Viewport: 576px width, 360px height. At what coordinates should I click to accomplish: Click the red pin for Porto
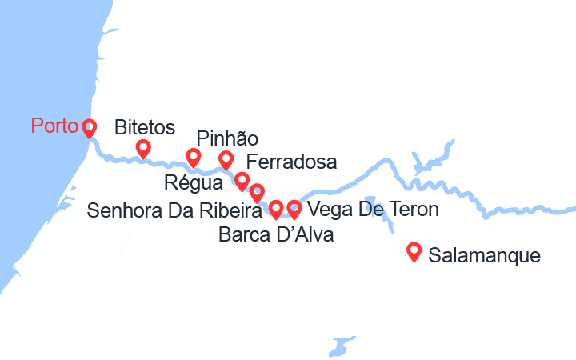[88, 127]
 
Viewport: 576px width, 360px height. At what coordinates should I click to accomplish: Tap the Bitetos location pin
[143, 148]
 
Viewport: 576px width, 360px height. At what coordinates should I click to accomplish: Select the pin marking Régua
[193, 157]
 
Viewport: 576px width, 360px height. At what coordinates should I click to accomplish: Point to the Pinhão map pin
[226, 159]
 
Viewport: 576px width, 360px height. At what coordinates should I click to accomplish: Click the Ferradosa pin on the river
[242, 181]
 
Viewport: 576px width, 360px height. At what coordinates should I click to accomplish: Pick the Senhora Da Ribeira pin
[257, 192]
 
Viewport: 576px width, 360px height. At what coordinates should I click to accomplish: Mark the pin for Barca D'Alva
[276, 209]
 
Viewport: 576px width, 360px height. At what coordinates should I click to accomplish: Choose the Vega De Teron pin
[294, 209]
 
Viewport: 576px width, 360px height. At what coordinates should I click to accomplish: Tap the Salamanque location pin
[414, 251]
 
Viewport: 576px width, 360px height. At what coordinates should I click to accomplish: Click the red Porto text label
[54, 126]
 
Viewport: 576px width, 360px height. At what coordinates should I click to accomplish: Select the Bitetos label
[145, 127]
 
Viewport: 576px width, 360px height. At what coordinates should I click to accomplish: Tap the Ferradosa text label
[292, 162]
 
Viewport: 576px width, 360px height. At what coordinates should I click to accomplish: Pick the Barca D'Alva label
[275, 235]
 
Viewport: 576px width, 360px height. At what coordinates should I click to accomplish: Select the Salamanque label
[485, 257]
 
